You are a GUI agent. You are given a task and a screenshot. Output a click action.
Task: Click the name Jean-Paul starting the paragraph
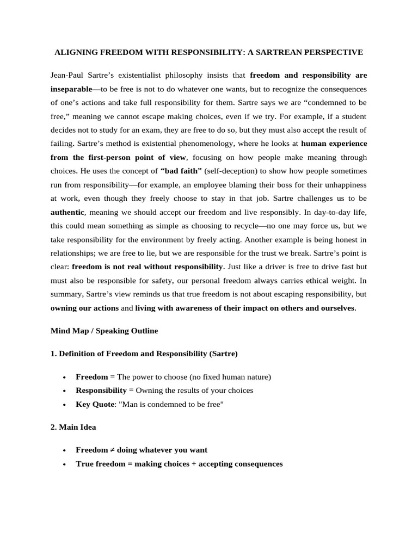pyautogui.click(x=69, y=75)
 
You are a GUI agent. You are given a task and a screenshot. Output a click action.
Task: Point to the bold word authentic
pyautogui.click(x=67, y=212)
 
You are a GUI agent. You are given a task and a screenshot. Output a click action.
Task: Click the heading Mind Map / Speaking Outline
pyautogui.click(x=104, y=331)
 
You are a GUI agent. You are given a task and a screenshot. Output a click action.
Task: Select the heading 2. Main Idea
pyautogui.click(x=73, y=427)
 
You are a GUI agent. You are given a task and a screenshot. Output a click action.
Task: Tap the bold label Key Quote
pyautogui.click(x=94, y=405)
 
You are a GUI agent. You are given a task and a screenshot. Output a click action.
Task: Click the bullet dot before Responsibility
pyautogui.click(x=64, y=391)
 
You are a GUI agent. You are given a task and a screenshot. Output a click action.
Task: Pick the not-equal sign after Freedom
pyautogui.click(x=110, y=450)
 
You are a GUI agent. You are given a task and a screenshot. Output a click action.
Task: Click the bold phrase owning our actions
pyautogui.click(x=84, y=308)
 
